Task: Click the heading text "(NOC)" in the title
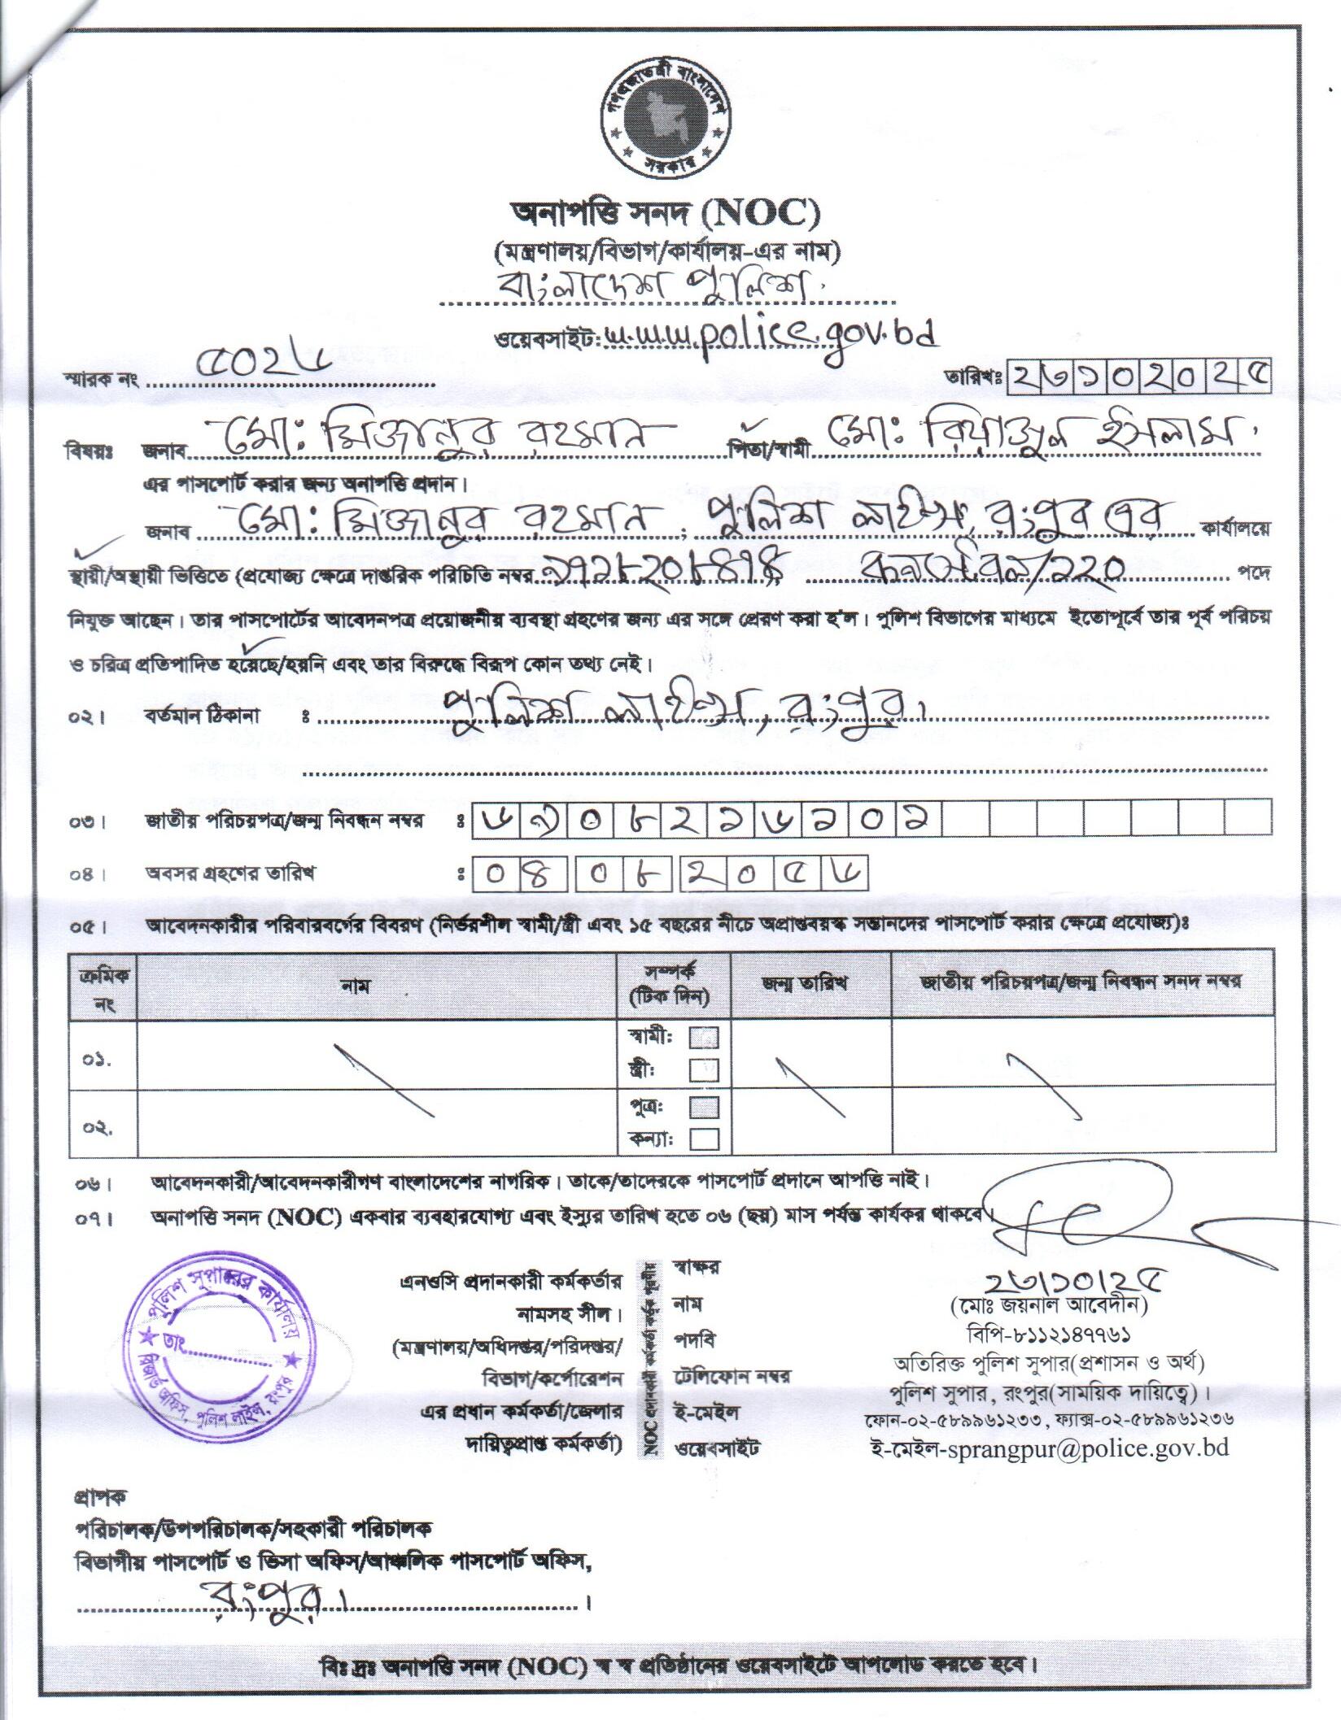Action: point(761,215)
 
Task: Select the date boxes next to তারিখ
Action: point(1138,377)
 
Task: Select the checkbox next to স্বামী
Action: point(704,1038)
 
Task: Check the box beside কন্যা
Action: point(704,1139)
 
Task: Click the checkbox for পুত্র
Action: point(704,1108)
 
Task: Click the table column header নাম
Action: point(356,986)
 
